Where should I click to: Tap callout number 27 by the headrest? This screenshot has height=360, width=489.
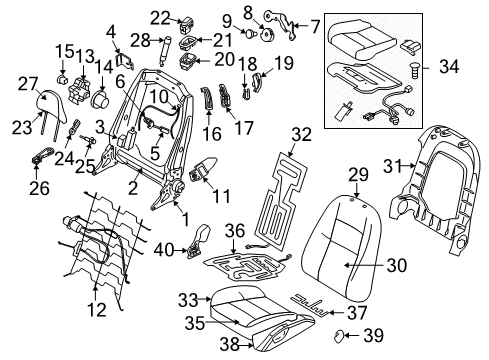pos(27,85)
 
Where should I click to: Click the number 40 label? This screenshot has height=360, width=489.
pos(162,251)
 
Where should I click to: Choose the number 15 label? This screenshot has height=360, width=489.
pos(64,50)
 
